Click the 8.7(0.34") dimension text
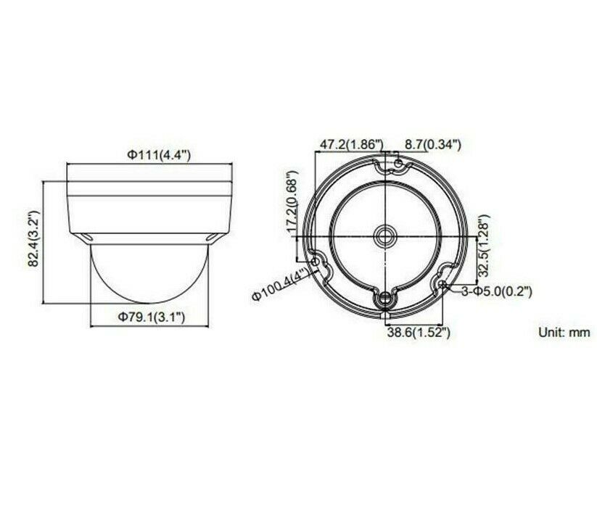(x=433, y=144)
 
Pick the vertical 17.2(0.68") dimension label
(x=292, y=202)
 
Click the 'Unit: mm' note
(x=563, y=333)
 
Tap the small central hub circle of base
(x=384, y=236)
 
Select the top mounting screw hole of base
(x=398, y=167)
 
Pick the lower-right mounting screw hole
(x=444, y=285)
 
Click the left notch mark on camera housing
(x=88, y=237)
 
